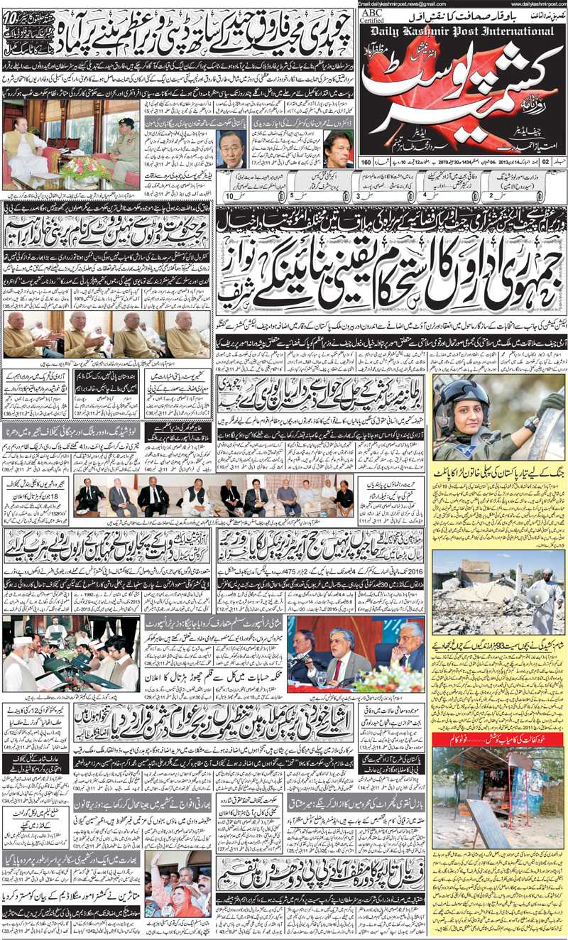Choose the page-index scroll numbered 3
click(x=359, y=193)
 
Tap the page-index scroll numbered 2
click(x=490, y=193)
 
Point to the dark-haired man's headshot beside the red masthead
click(x=339, y=148)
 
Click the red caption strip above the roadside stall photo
click(x=498, y=740)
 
